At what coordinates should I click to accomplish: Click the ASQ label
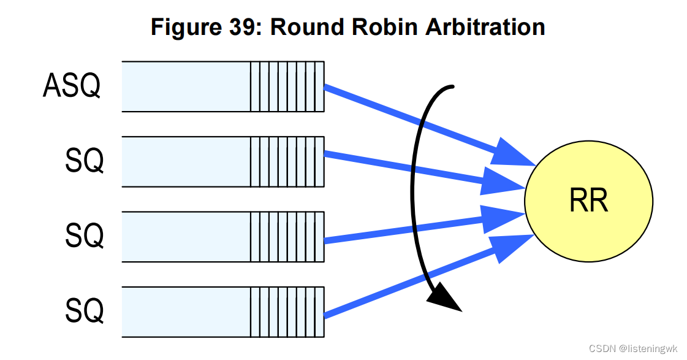pyautogui.click(x=72, y=86)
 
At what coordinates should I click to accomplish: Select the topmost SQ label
pyautogui.click(x=84, y=161)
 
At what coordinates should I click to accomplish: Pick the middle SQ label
pyautogui.click(x=84, y=236)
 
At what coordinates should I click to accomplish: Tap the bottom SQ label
pyautogui.click(x=84, y=311)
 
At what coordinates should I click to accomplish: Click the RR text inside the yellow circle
pyautogui.click(x=588, y=201)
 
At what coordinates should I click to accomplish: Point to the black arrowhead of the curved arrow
pyautogui.click(x=444, y=299)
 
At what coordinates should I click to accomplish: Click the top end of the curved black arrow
pyautogui.click(x=450, y=87)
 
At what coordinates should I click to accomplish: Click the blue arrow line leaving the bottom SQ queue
pyautogui.click(x=398, y=286)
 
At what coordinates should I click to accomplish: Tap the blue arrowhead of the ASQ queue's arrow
pyautogui.click(x=515, y=154)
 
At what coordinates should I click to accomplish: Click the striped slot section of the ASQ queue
pyautogui.click(x=287, y=86)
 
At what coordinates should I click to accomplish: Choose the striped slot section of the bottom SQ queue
pyautogui.click(x=287, y=311)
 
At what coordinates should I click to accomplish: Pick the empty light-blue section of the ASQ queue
pyautogui.click(x=186, y=86)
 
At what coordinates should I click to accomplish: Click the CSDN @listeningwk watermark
pyautogui.click(x=633, y=348)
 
